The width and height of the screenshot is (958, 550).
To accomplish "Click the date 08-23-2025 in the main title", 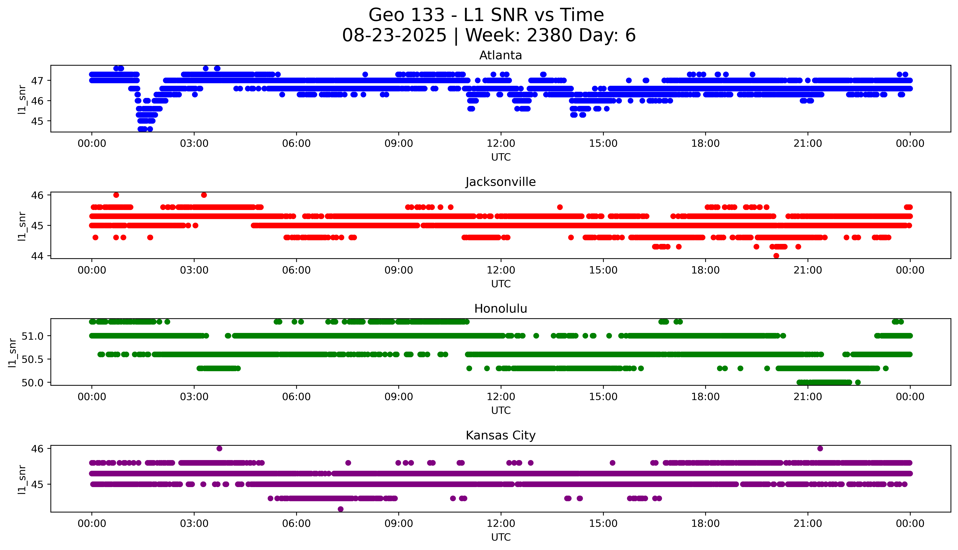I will pos(394,36).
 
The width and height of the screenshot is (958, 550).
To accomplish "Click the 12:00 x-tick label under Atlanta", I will pos(501,144).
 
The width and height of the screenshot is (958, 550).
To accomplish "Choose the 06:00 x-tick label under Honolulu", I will pos(296,397).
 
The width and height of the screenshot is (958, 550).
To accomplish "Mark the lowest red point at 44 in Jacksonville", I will pos(776,256).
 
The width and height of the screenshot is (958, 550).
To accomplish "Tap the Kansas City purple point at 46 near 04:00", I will pos(219,448).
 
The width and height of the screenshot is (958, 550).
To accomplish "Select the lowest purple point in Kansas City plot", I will pos(340,509).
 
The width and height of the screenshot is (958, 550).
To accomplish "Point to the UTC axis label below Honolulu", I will pos(501,410).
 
